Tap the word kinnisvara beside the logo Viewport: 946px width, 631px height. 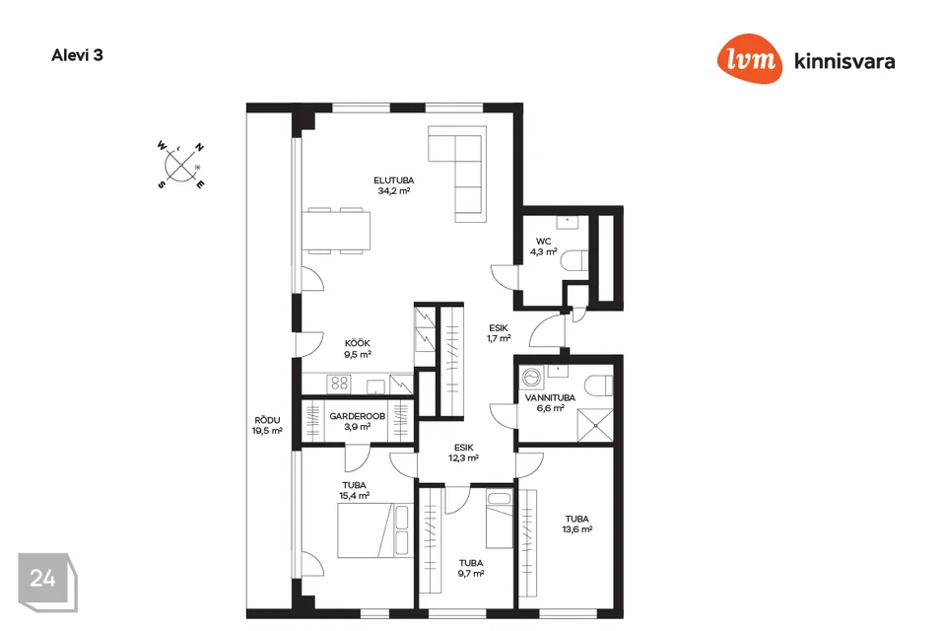click(x=845, y=61)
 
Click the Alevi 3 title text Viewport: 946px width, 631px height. click(x=77, y=55)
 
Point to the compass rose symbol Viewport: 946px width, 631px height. click(x=181, y=164)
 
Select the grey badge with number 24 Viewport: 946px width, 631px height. click(x=43, y=579)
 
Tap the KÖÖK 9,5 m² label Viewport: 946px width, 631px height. click(x=357, y=349)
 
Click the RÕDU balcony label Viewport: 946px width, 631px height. click(x=267, y=425)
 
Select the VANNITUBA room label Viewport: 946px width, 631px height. click(x=550, y=402)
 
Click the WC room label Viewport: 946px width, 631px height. click(x=543, y=245)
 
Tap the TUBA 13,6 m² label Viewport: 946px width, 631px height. click(x=577, y=524)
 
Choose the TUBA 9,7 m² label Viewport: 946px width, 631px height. click(x=471, y=569)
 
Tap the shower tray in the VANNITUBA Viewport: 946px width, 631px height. click(x=593, y=422)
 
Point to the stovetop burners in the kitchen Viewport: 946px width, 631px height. click(x=340, y=385)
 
